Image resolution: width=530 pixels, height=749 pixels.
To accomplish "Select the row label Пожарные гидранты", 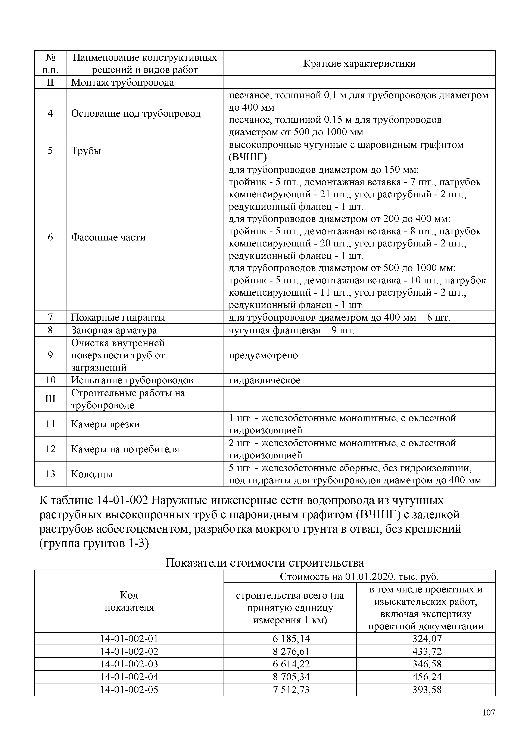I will pyautogui.click(x=118, y=317).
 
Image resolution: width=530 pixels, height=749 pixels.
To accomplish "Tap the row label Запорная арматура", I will pyautogui.click(x=114, y=330).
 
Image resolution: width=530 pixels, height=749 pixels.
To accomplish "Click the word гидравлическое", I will pyautogui.click(x=264, y=380).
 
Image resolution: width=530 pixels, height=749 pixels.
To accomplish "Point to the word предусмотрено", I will pyautogui.click(x=263, y=355).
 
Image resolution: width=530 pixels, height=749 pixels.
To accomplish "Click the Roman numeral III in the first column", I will pyautogui.click(x=50, y=399).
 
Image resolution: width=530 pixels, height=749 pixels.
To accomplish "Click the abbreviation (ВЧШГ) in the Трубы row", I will pyautogui.click(x=247, y=157).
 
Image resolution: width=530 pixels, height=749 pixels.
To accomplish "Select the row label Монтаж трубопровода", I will pyautogui.click(x=122, y=82).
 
